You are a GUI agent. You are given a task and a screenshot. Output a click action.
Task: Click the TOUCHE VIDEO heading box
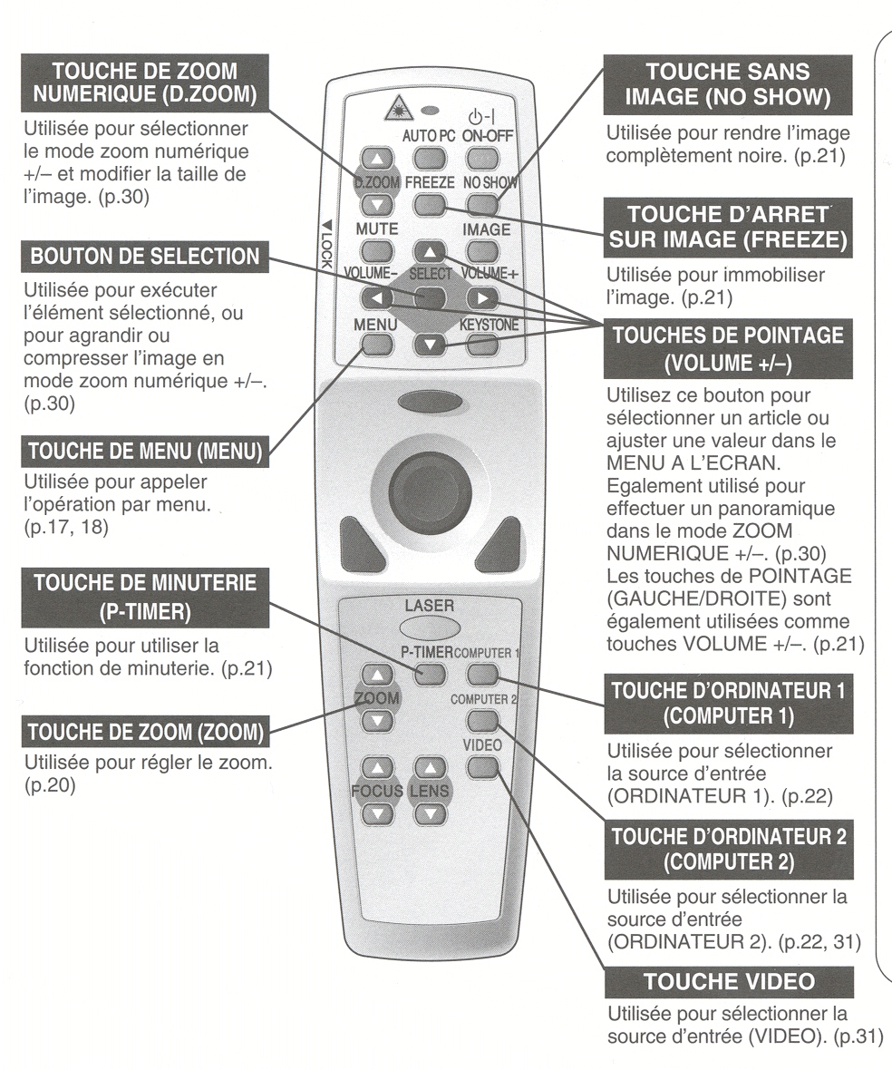click(x=729, y=983)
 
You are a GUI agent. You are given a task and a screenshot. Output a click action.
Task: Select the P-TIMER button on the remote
click(x=432, y=674)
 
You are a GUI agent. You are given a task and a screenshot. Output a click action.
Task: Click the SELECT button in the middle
click(x=431, y=296)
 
